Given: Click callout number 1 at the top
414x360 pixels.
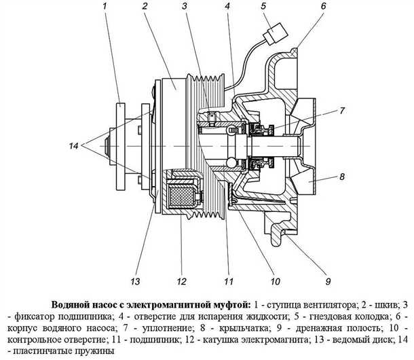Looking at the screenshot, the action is (x=105, y=6).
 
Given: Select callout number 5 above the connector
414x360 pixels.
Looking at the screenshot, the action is (x=263, y=6).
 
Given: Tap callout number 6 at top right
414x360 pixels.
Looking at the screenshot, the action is (x=324, y=6).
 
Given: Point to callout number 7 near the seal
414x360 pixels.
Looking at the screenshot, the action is (x=342, y=111).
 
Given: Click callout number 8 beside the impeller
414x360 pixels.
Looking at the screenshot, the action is (x=342, y=177).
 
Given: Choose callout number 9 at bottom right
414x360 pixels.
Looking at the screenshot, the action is (x=328, y=281).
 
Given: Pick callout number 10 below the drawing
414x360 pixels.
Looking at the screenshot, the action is (x=275, y=281).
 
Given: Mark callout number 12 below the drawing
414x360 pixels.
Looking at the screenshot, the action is (x=182, y=281).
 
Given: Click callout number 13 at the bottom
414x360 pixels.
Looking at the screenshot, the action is (x=135, y=281).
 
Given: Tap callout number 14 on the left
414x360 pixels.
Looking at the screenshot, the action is (x=74, y=145).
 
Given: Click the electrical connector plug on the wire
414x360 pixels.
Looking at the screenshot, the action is (x=276, y=34).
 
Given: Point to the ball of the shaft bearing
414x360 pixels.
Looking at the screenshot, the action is (x=231, y=163).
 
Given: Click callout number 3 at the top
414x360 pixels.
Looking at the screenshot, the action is (x=185, y=6).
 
